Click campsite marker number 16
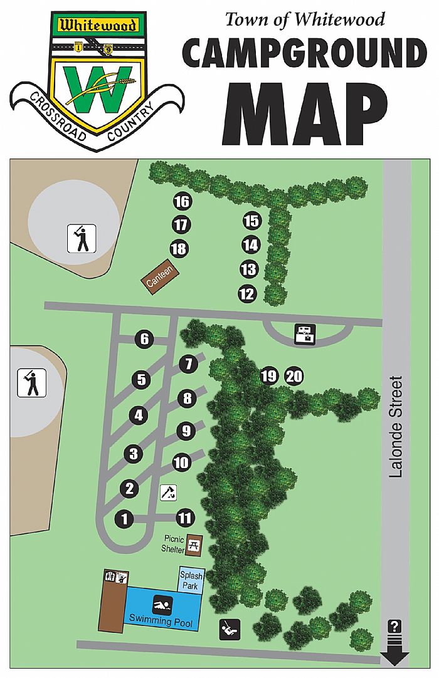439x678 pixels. point(182,202)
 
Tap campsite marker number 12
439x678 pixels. point(247,293)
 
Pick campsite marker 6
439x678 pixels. point(144,340)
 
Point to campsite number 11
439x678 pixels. point(185,518)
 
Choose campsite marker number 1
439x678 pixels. point(125,519)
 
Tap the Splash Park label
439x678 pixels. point(190,580)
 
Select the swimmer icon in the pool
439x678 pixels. point(162,605)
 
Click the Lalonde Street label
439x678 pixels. point(395,427)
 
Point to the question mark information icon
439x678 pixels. point(395,625)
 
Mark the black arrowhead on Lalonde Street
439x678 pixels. point(395,657)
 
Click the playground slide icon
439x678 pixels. point(229,628)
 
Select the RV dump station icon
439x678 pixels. point(305,334)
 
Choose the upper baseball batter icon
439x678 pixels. point(82,238)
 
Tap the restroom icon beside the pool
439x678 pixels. point(117,576)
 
